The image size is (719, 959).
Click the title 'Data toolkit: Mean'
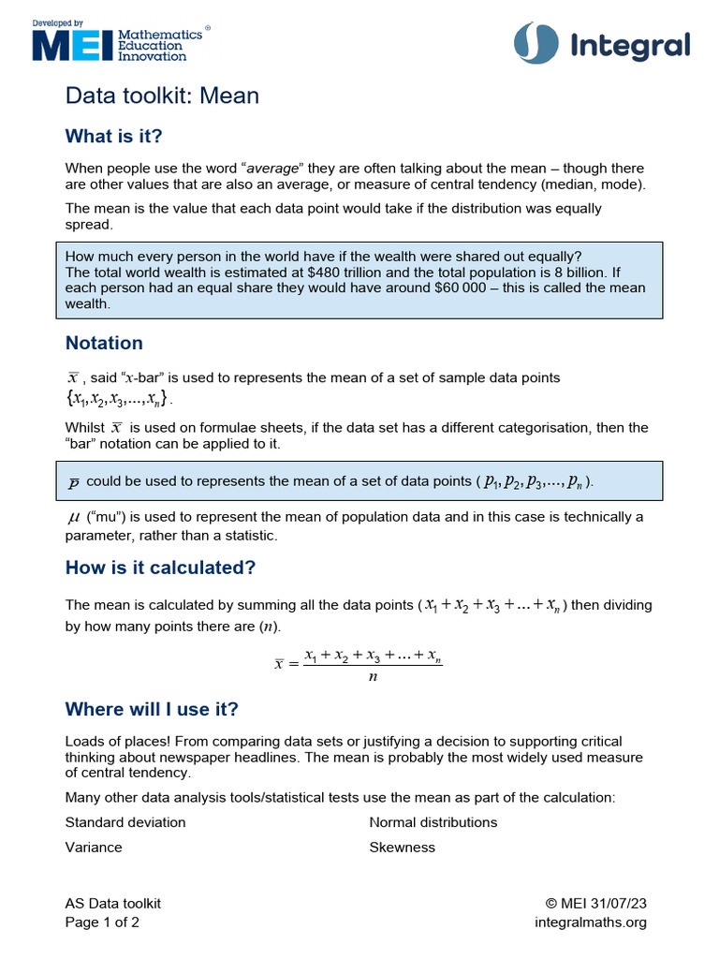(x=162, y=96)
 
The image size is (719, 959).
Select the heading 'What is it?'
(x=113, y=137)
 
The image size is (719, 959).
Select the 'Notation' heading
(x=104, y=343)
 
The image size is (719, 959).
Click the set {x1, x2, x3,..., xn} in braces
(x=118, y=399)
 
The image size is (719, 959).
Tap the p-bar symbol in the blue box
(x=73, y=482)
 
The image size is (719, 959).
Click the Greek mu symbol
(x=73, y=517)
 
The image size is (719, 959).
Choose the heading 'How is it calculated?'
(x=160, y=568)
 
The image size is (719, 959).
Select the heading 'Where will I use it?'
(x=152, y=708)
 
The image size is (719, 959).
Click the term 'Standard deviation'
(x=125, y=822)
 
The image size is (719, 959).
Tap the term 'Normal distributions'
(x=433, y=822)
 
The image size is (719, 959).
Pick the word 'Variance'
(x=94, y=847)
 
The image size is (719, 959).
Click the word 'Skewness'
(x=402, y=847)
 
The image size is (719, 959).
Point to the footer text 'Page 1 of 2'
(x=102, y=922)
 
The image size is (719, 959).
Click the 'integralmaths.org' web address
(x=590, y=922)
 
